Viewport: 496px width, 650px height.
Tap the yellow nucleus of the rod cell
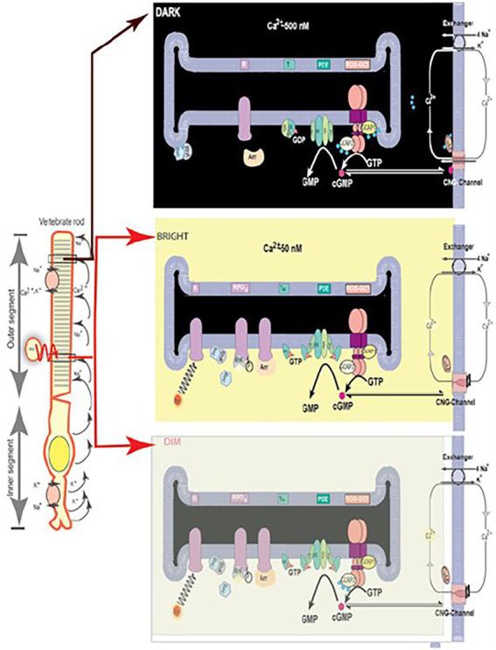pos(62,454)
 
